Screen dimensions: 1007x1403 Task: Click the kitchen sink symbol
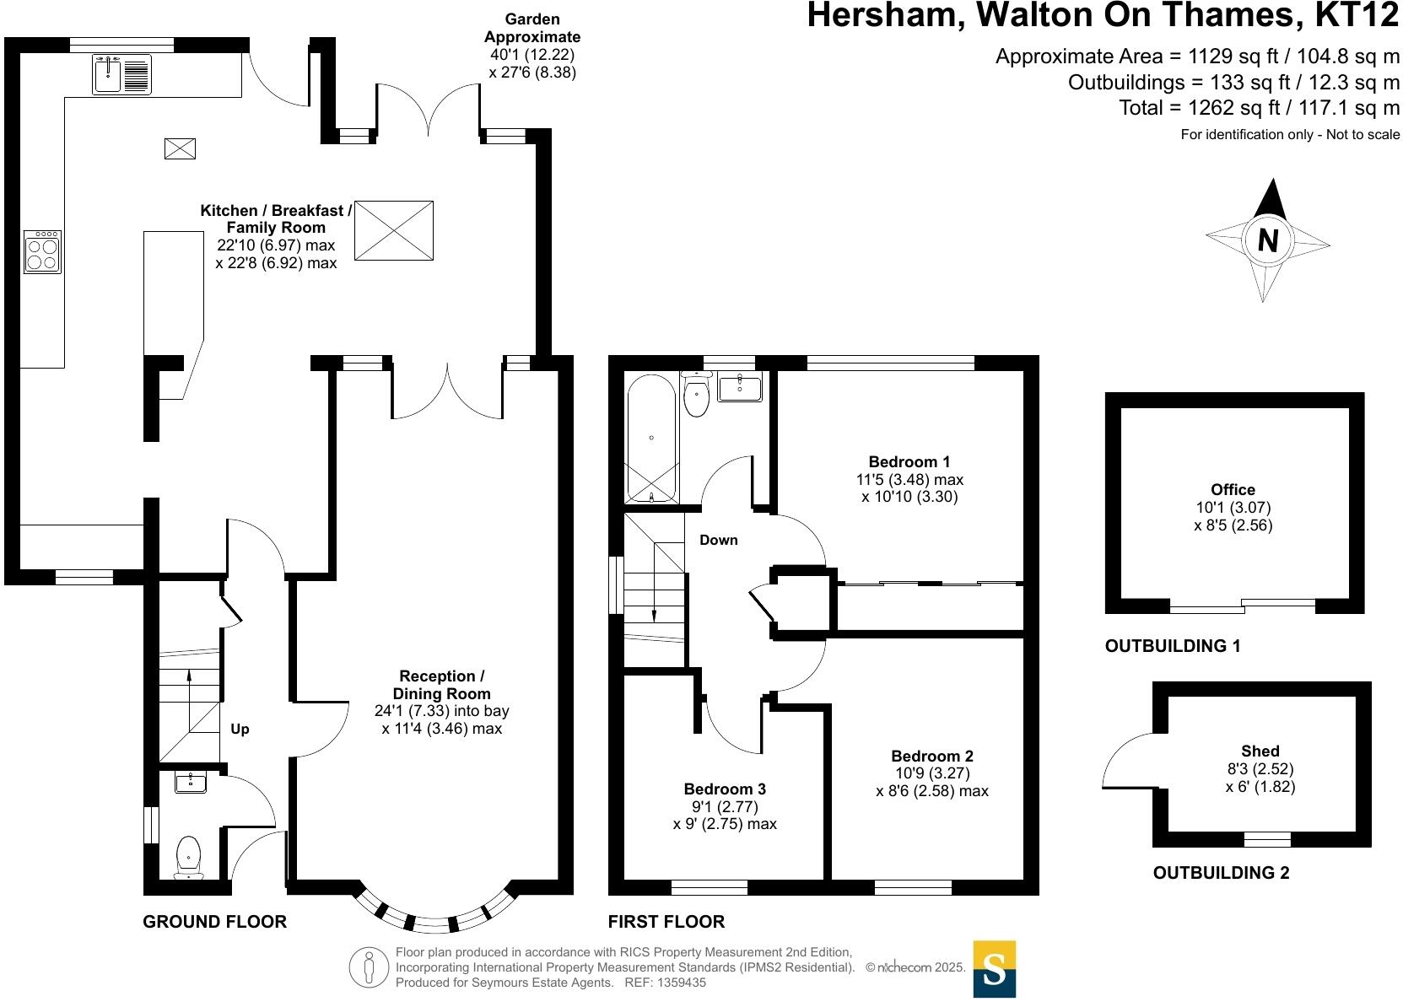tap(121, 73)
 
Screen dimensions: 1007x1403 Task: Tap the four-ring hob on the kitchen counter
tap(43, 252)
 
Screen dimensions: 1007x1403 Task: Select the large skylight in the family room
tap(393, 230)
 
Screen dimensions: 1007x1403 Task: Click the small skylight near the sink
tap(180, 148)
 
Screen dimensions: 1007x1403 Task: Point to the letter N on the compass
tap(1267, 241)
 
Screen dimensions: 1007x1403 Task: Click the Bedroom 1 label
tap(909, 461)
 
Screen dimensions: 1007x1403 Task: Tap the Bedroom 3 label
tap(725, 789)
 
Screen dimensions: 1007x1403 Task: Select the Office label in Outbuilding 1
tap(1233, 489)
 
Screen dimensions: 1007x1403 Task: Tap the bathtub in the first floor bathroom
tap(651, 439)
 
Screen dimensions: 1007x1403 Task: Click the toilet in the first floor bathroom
tap(696, 396)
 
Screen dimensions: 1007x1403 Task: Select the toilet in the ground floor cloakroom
tap(188, 856)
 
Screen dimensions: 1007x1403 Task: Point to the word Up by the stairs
tap(240, 729)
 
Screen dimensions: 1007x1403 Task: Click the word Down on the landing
tap(718, 540)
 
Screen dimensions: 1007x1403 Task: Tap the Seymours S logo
tap(994, 969)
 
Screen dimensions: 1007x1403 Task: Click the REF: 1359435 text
tap(665, 983)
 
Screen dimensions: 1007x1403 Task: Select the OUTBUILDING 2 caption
tap(1221, 873)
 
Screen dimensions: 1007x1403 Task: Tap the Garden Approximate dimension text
tap(532, 46)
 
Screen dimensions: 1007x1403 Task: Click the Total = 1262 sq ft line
tap(1259, 108)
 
